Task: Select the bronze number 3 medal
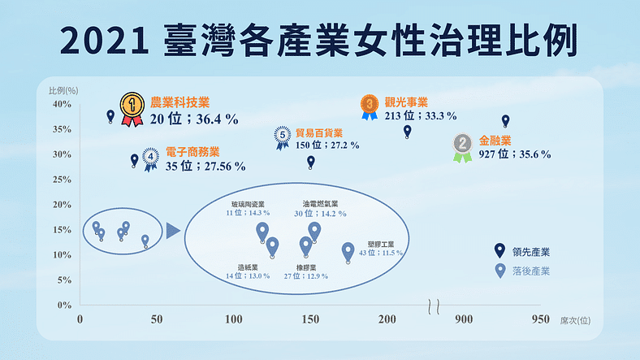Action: [370, 105]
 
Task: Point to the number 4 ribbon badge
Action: [151, 156]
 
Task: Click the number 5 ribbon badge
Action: [282, 136]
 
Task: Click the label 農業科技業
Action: [180, 102]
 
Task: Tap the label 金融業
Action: [495, 139]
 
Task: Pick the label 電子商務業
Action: [192, 151]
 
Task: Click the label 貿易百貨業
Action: [319, 132]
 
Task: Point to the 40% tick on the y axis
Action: [62, 104]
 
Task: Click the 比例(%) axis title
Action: [63, 89]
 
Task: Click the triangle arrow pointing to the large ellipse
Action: [172, 232]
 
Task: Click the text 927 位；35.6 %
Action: [515, 154]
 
